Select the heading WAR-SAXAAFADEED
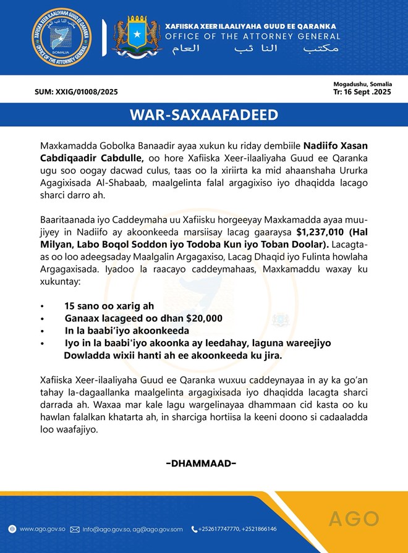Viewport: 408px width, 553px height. coord(204,116)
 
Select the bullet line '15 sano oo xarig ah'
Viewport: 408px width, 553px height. coord(109,306)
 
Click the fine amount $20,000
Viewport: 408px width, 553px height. coord(202,318)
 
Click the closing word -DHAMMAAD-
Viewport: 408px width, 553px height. coord(202,463)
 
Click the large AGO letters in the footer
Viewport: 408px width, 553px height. coord(354,518)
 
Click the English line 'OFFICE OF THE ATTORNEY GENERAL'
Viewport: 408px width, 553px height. coord(252,36)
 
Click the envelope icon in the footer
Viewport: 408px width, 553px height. coord(75,529)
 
